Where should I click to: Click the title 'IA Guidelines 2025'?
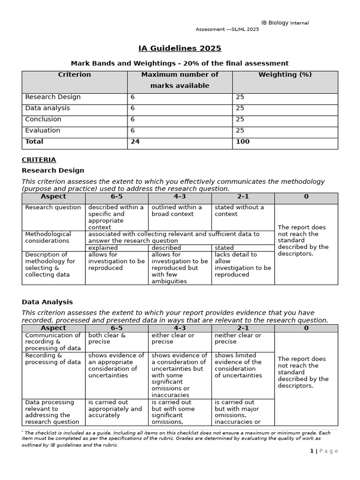180,48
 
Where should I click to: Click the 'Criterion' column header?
75,75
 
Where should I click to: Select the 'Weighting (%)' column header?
285,75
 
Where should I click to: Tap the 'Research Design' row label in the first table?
52,97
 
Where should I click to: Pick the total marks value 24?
135,142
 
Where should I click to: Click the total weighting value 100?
243,142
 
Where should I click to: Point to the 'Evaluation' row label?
43,130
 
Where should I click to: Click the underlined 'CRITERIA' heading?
39,160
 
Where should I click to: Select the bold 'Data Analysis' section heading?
47,302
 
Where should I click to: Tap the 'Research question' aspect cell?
53,207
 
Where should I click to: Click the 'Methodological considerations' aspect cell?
48,237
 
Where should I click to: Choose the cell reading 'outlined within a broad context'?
177,210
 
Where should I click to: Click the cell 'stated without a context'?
239,210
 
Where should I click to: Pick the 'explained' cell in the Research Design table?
103,247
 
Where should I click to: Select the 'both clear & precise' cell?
107,338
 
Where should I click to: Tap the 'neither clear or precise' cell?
238,338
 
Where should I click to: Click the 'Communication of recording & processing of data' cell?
52,342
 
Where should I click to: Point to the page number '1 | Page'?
323,451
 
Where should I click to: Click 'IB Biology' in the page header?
275,23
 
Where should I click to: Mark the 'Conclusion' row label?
43,120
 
